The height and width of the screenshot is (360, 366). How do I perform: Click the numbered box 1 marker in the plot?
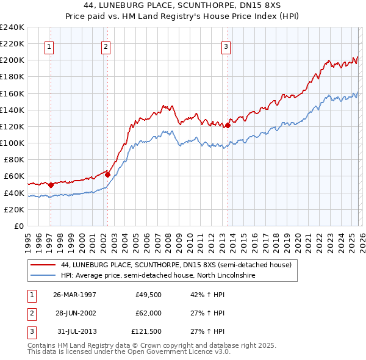click(49, 46)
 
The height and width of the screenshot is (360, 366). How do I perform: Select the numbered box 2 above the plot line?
click(106, 46)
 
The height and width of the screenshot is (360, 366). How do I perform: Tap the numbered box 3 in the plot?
click(226, 46)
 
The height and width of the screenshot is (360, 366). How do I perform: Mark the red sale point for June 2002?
click(108, 175)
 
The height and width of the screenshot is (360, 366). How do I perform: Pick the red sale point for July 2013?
click(228, 126)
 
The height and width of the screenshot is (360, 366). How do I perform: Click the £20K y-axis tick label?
click(14, 209)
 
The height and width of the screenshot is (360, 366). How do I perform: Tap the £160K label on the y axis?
click(12, 93)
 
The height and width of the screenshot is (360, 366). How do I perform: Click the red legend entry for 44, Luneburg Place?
click(176, 265)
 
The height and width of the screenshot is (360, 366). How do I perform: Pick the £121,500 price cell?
click(146, 332)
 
